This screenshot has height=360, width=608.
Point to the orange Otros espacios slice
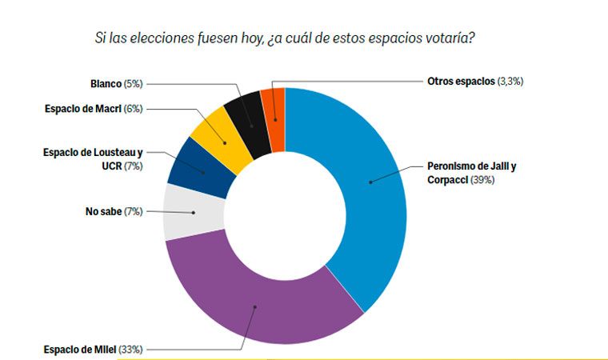tap(274, 108)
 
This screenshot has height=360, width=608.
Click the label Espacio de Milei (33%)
tap(91, 349)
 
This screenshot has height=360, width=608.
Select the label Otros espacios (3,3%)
tap(475, 81)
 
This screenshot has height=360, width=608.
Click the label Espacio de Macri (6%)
tap(93, 109)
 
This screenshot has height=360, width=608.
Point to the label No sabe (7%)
tap(113, 212)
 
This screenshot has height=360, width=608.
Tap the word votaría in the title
tap(454, 37)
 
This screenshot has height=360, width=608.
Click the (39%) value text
tap(482, 180)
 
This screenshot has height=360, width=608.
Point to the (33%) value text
tap(130, 349)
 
